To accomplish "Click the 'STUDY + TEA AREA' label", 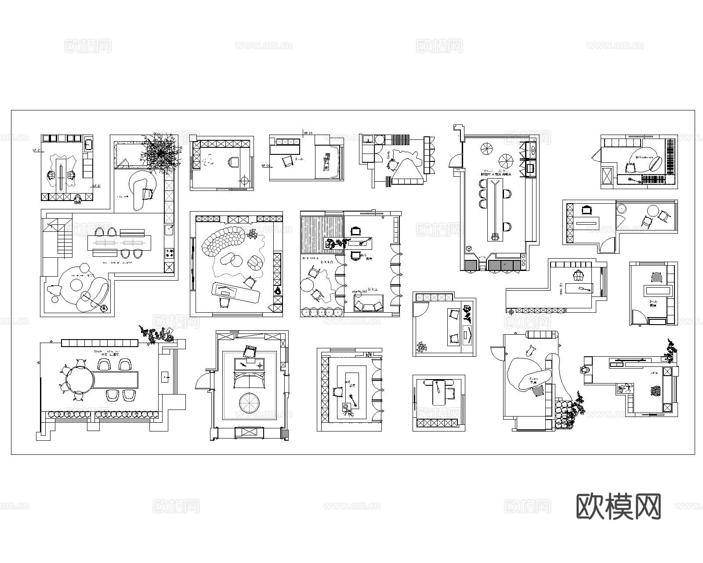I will pyautogui.click(x=497, y=174).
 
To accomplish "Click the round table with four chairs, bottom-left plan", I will pyautogui.click(x=80, y=379).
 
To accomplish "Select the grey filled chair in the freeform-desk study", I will pyautogui.click(x=539, y=391).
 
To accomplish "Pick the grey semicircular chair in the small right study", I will pyautogui.click(x=656, y=277).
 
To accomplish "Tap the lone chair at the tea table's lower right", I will pyautogui.click(x=507, y=227).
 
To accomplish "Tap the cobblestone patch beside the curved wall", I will pyautogui.click(x=563, y=413).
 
